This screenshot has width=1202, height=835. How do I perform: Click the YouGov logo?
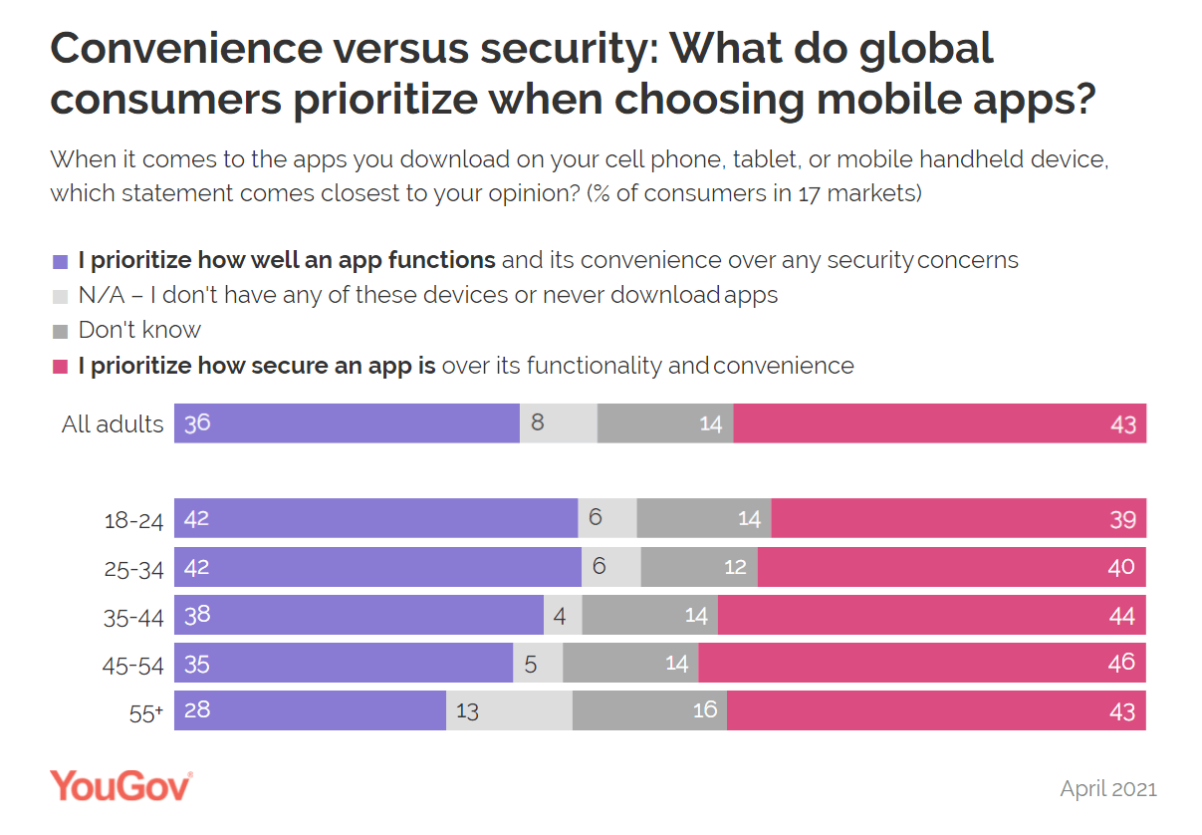(120, 785)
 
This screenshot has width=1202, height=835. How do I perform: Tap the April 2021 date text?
(1108, 788)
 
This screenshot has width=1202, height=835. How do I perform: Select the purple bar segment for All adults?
(347, 423)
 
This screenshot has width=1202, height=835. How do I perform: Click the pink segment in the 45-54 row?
(922, 663)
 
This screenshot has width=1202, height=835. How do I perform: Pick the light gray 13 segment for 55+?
(509, 710)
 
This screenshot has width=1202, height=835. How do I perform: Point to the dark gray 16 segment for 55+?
(649, 710)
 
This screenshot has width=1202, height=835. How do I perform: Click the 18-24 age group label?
(133, 520)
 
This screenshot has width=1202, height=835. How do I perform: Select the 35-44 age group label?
(133, 617)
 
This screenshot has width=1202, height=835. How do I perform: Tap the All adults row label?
(113, 424)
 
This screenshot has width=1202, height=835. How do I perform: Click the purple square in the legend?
(60, 262)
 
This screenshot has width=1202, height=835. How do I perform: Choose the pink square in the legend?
(60, 367)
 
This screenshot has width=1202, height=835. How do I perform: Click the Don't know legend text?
(139, 330)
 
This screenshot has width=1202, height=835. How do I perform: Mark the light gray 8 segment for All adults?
(559, 423)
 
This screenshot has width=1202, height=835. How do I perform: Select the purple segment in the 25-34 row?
(377, 567)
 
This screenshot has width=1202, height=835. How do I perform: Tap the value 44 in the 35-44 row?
(1121, 616)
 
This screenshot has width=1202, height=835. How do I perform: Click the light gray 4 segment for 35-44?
(563, 615)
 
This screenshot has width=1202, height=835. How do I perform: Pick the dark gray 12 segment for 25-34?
(699, 567)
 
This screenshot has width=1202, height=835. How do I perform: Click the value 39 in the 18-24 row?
(1122, 519)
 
